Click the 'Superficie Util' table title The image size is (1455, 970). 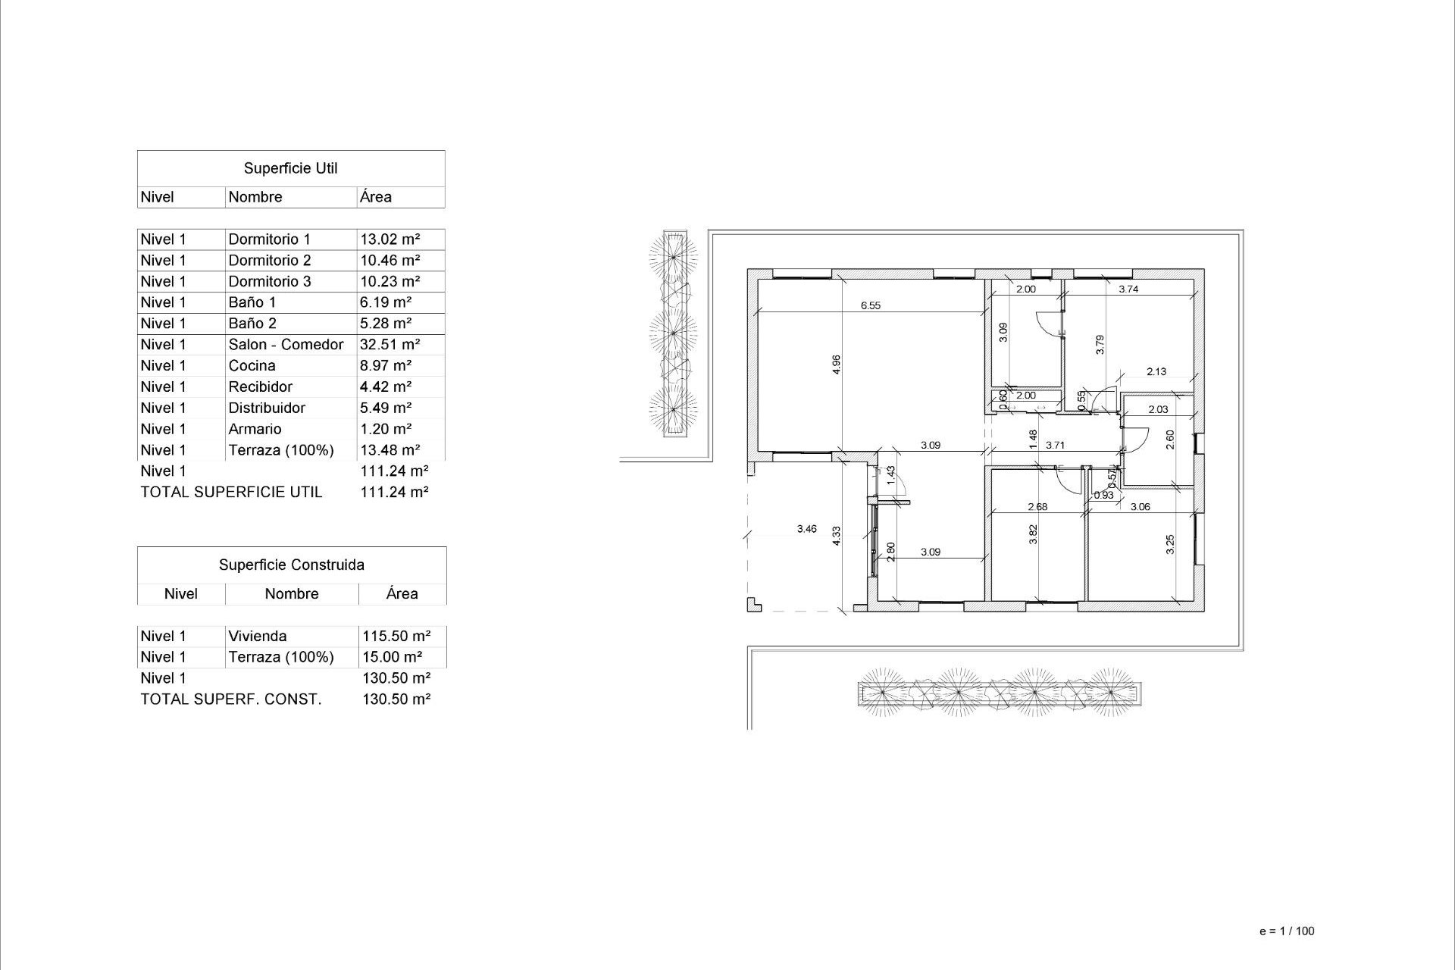(x=290, y=168)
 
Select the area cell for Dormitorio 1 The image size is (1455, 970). (x=390, y=239)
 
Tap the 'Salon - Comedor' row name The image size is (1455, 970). (x=286, y=345)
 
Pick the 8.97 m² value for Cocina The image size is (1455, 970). (x=386, y=366)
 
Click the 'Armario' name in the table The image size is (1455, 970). (x=255, y=429)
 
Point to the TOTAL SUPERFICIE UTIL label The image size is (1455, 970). (x=231, y=493)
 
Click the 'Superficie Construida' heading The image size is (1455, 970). (x=291, y=565)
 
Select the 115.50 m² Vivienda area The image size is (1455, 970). (x=396, y=637)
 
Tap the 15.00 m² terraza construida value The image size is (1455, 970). (x=392, y=658)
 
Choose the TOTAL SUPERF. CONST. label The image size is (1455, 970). (x=230, y=699)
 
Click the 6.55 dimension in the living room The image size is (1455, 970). (x=871, y=305)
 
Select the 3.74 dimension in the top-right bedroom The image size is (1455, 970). (x=1128, y=289)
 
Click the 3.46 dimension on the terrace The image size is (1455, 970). (x=807, y=529)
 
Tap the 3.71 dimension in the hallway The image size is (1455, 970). (x=1055, y=446)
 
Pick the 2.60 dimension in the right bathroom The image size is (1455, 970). (x=1170, y=440)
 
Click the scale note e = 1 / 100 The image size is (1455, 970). (x=1286, y=931)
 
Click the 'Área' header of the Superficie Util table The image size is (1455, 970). (x=376, y=197)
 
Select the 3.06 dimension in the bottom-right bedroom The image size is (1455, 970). (x=1140, y=507)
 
